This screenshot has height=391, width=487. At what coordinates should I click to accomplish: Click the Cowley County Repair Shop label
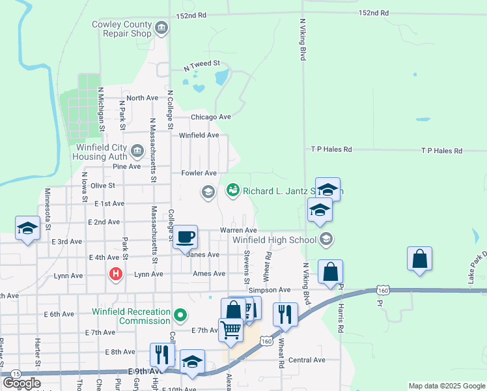(122, 29)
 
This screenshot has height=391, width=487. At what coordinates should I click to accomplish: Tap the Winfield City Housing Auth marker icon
(137, 152)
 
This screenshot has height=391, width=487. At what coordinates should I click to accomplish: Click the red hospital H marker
(116, 274)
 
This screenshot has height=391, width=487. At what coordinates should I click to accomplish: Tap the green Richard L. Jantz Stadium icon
(232, 190)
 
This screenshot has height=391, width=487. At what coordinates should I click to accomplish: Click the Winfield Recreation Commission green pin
(180, 317)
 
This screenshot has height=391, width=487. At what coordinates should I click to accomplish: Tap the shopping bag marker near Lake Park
(420, 258)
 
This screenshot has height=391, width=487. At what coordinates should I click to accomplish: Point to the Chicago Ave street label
(211, 117)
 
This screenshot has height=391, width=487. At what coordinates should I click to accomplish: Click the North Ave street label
(143, 98)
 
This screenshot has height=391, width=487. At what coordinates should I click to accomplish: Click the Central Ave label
(307, 360)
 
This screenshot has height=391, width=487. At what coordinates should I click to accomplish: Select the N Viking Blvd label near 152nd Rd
(302, 39)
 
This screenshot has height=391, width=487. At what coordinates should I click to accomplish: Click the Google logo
(22, 383)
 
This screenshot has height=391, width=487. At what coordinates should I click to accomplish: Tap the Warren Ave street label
(238, 230)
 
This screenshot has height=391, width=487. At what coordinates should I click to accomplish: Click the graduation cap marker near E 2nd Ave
(27, 227)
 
